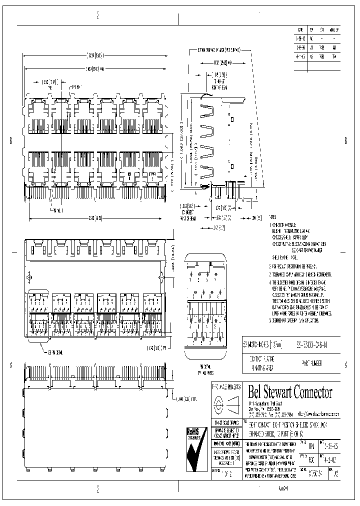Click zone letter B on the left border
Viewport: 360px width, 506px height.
point(11,140)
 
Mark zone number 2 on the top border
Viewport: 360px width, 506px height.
point(97,16)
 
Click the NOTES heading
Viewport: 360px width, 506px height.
point(272,217)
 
